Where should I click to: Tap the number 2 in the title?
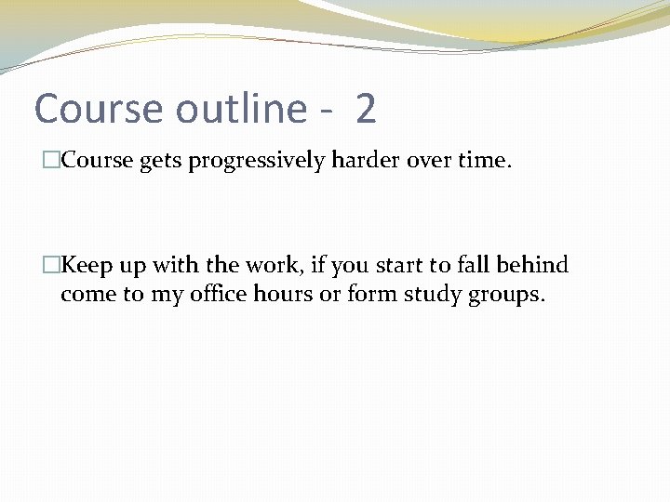click(366, 110)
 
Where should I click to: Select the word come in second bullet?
click(85, 296)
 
